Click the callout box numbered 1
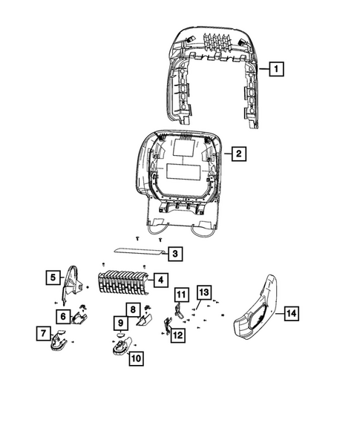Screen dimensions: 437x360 click(x=275, y=70)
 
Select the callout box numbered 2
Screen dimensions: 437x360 click(x=238, y=154)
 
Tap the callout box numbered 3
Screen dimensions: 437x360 click(x=174, y=254)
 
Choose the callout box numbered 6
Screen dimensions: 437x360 click(x=64, y=316)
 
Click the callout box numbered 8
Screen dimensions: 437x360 click(x=131, y=309)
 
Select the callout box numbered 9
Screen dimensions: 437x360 click(x=119, y=323)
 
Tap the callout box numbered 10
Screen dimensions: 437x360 click(x=135, y=358)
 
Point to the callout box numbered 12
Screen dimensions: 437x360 click(x=177, y=335)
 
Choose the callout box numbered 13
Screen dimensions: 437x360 click(x=204, y=291)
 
